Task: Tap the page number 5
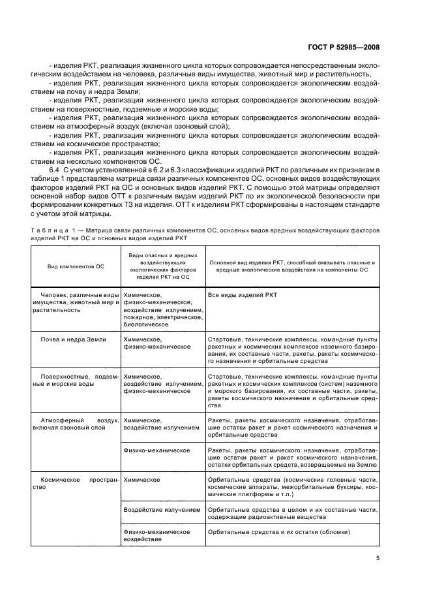point(378,558)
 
